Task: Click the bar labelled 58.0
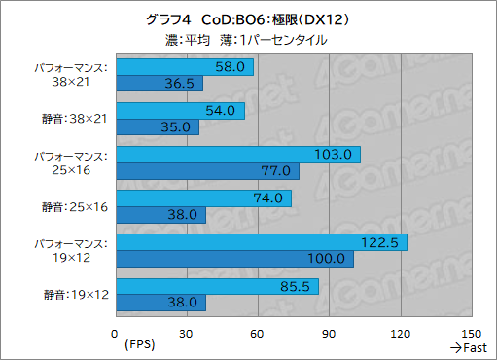point(184,67)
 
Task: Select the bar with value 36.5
point(159,84)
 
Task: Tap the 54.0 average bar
point(179,111)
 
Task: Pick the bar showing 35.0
point(157,127)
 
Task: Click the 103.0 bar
point(237,155)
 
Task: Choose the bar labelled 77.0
point(206,171)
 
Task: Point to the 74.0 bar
point(203,198)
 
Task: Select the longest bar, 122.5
point(261,242)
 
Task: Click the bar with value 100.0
point(234,259)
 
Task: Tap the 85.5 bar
point(217,286)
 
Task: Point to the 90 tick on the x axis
point(329,334)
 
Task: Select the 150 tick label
point(471,334)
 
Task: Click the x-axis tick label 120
point(400,334)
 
